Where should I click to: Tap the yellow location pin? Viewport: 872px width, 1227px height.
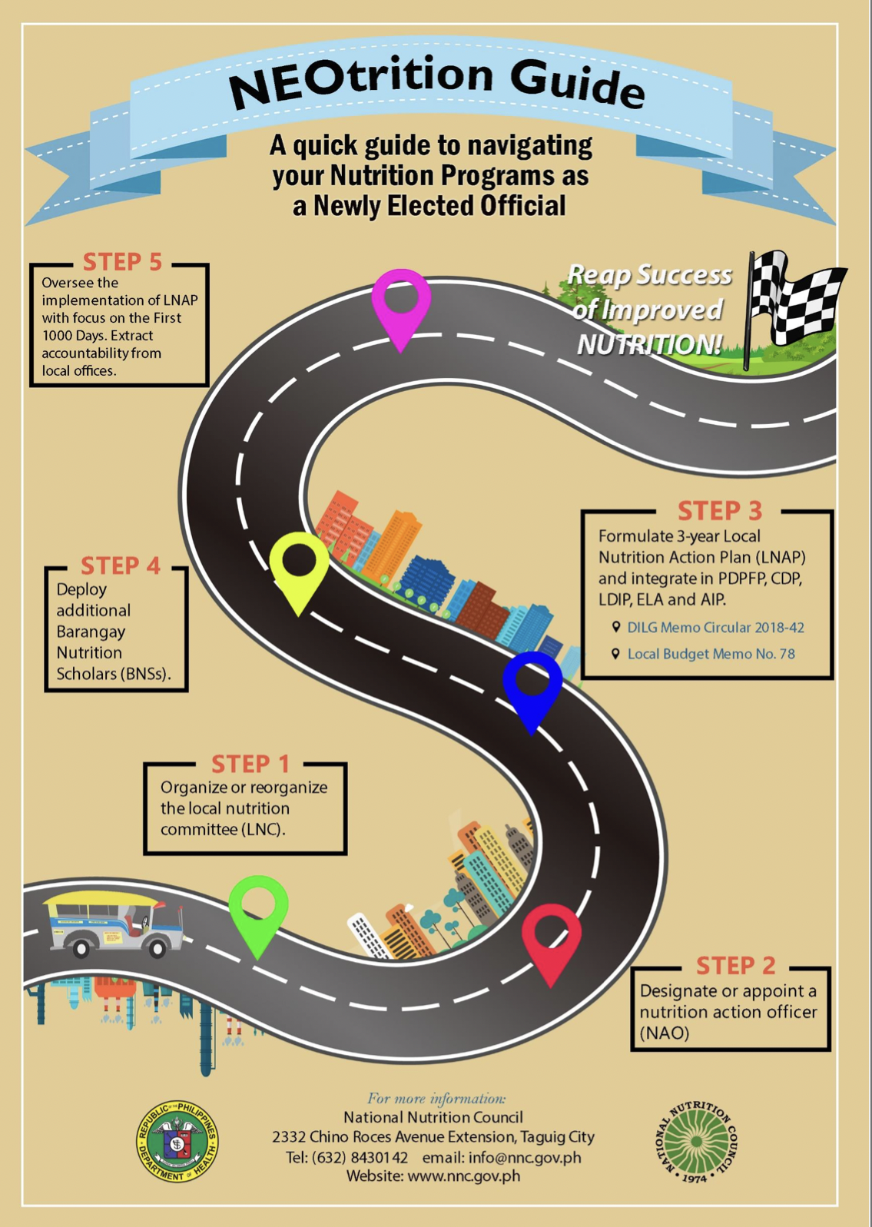coord(299,569)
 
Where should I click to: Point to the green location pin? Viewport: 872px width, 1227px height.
coord(259,911)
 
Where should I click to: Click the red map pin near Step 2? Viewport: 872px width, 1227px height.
coord(551,939)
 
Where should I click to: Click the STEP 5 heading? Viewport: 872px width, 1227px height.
coord(122,262)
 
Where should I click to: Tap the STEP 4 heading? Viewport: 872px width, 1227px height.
coord(121,566)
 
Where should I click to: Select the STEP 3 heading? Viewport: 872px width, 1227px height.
coord(719,511)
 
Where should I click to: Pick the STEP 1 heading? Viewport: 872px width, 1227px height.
coord(250,764)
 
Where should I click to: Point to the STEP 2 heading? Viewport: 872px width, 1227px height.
coord(735,966)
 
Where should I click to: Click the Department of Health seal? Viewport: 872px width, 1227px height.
coord(177,1141)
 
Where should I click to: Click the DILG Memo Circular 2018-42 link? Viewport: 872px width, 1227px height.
coord(715,628)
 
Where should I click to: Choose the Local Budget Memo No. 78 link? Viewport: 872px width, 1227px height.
coord(711,655)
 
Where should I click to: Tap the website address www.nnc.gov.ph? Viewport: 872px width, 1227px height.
coord(464,1176)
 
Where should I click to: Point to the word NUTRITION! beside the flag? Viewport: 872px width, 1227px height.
coord(649,345)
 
